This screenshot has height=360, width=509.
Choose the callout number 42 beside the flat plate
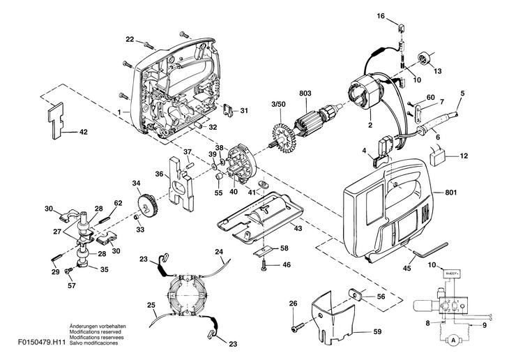coord(83,131)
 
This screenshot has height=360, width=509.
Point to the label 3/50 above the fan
coord(279,105)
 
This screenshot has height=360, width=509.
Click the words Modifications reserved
coord(93,331)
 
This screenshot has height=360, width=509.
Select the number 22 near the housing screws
coord(130,38)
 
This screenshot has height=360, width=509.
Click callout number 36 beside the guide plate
coord(159,174)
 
